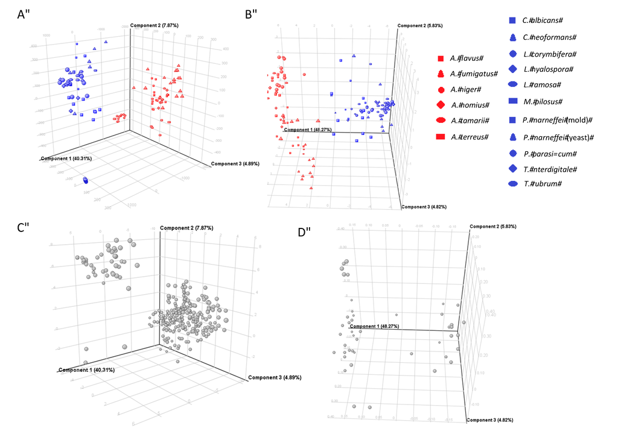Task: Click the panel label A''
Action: pyautogui.click(x=25, y=16)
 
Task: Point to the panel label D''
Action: pyautogui.click(x=305, y=232)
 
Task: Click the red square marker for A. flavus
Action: pyautogui.click(x=441, y=58)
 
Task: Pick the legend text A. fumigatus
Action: pyautogui.click(x=474, y=74)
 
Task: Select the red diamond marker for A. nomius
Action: pyautogui.click(x=441, y=105)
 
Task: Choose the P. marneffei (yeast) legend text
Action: pyautogui.click(x=558, y=137)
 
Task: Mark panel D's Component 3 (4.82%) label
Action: pyautogui.click(x=497, y=419)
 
